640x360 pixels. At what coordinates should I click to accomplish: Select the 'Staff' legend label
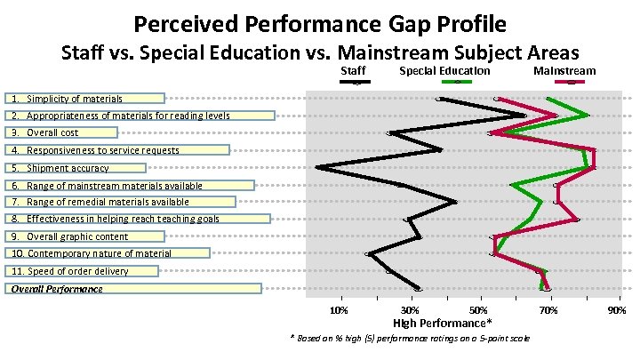353,70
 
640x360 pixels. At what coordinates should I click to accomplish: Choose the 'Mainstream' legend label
564,70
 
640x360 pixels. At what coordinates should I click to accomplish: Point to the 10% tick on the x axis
339,309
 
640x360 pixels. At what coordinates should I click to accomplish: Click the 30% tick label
410,309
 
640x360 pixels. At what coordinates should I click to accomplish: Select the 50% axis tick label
479,309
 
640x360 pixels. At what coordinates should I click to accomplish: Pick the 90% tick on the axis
616,309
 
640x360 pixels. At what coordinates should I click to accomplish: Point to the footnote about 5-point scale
411,339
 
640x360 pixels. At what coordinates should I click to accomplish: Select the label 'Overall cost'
52,132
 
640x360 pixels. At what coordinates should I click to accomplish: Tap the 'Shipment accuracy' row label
68,167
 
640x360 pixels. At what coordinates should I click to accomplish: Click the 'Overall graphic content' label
77,236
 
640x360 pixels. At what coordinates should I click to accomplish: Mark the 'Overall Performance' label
57,289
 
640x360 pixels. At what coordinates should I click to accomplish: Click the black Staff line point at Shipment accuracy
317,167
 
